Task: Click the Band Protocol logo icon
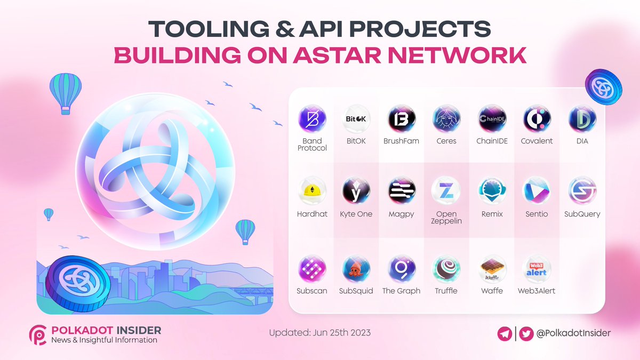point(312,119)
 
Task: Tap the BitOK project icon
point(356,119)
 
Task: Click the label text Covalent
point(537,141)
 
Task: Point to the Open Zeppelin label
point(446,217)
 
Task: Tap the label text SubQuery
point(582,214)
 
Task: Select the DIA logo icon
point(582,119)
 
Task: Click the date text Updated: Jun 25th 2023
point(319,333)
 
